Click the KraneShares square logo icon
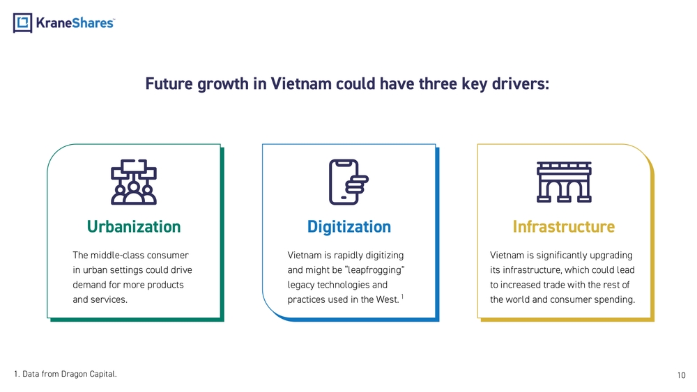(x=23, y=23)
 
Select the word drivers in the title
(x=521, y=84)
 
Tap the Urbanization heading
(x=134, y=226)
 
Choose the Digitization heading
(x=349, y=226)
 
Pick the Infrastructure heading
(x=564, y=226)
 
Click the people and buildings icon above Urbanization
(x=134, y=182)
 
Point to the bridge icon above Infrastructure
(x=564, y=182)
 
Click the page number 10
(x=682, y=375)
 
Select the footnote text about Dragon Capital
(x=66, y=374)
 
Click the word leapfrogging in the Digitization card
(x=375, y=270)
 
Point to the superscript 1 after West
(x=402, y=296)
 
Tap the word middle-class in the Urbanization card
(x=111, y=255)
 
